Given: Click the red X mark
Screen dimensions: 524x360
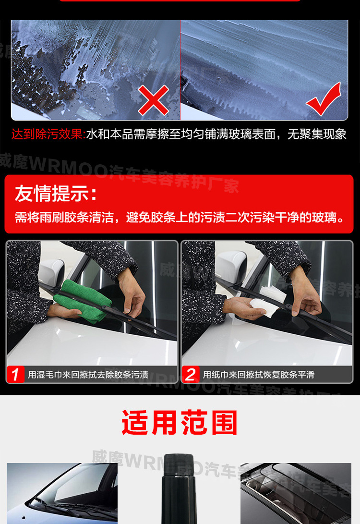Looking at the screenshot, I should [154, 99].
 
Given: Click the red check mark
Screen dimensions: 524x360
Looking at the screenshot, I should [324, 100].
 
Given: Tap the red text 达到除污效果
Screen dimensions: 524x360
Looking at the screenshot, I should [48, 134].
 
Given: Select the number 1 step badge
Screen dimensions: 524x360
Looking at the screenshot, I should [16, 375].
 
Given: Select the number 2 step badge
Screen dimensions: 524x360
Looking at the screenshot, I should [191, 375].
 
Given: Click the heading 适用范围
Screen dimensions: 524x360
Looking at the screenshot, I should [180, 423].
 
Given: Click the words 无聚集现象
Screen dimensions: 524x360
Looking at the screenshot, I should [317, 134].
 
